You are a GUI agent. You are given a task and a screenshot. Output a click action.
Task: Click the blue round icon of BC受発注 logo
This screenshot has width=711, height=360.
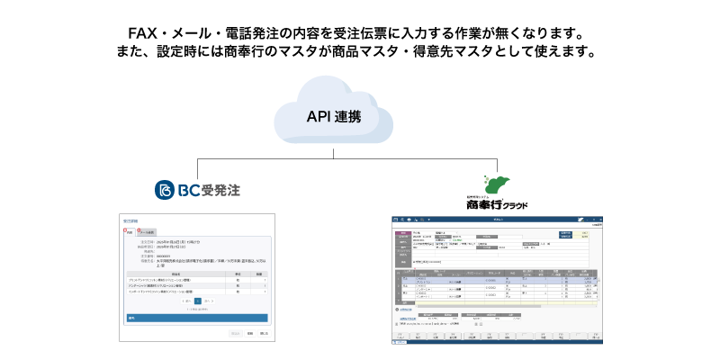click(164, 190)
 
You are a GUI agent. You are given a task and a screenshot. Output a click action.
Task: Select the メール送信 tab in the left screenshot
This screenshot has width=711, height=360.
click(146, 231)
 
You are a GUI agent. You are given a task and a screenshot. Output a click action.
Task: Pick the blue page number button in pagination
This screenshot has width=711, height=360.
click(197, 301)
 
